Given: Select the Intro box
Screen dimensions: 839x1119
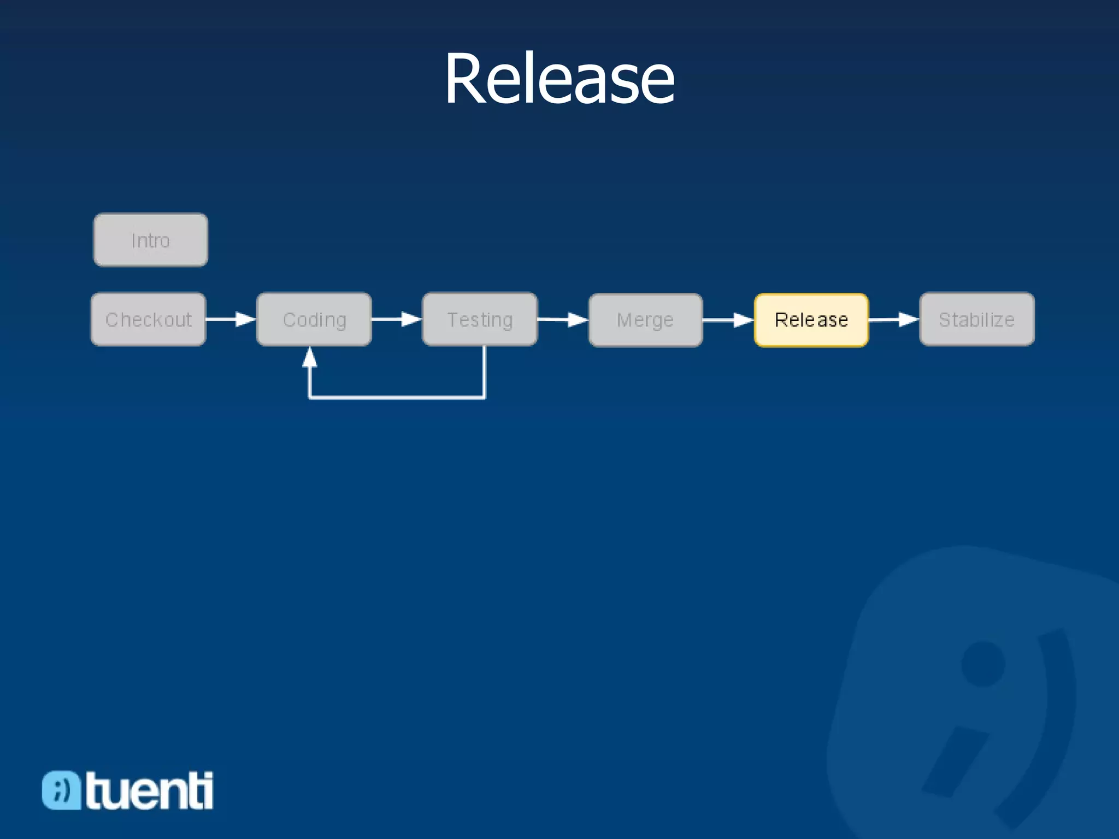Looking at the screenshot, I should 151,240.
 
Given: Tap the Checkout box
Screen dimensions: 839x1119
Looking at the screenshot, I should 149,320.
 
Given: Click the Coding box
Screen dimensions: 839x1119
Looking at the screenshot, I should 314,320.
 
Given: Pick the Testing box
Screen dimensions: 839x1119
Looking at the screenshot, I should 480,320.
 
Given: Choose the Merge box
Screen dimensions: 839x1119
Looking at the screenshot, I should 645,320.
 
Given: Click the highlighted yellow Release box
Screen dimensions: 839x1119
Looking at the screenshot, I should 811,320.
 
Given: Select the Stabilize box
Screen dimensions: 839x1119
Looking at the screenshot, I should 977,320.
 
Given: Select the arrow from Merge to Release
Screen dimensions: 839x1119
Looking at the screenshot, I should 728,320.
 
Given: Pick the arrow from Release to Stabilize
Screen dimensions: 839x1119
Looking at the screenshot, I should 894,320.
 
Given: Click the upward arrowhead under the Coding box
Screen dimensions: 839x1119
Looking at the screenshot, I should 310,357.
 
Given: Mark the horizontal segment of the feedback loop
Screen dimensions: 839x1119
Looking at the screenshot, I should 397,397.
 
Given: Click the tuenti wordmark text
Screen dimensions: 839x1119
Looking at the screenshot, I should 149,790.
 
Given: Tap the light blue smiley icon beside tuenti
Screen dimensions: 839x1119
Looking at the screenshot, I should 61,790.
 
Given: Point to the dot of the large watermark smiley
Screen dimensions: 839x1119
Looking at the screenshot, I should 983,664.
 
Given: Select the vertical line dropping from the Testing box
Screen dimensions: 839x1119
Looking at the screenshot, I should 484,371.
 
